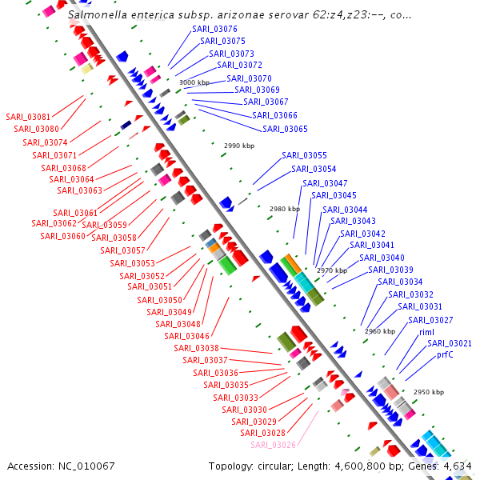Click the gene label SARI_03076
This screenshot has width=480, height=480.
coord(214,29)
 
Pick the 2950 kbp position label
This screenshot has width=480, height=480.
coord(428,393)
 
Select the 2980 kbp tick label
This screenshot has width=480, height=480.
coord(285,209)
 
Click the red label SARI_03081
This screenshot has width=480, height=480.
coord(28,117)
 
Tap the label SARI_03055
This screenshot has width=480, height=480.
coord(304,155)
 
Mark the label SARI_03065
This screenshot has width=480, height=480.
coord(285,129)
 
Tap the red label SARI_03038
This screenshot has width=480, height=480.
coord(196,348)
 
